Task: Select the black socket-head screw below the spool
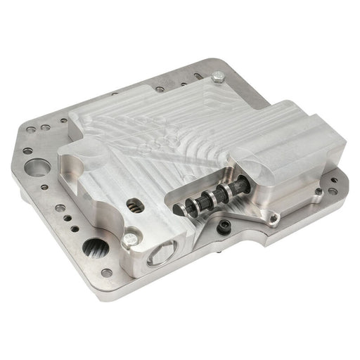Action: coord(224,226)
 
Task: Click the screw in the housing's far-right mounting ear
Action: coord(319,191)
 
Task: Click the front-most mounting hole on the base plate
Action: coord(106,273)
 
